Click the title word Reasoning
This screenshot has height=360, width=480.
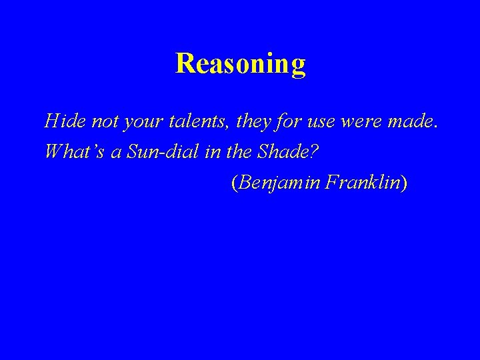coord(240,64)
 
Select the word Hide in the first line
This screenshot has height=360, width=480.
coord(61,121)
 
